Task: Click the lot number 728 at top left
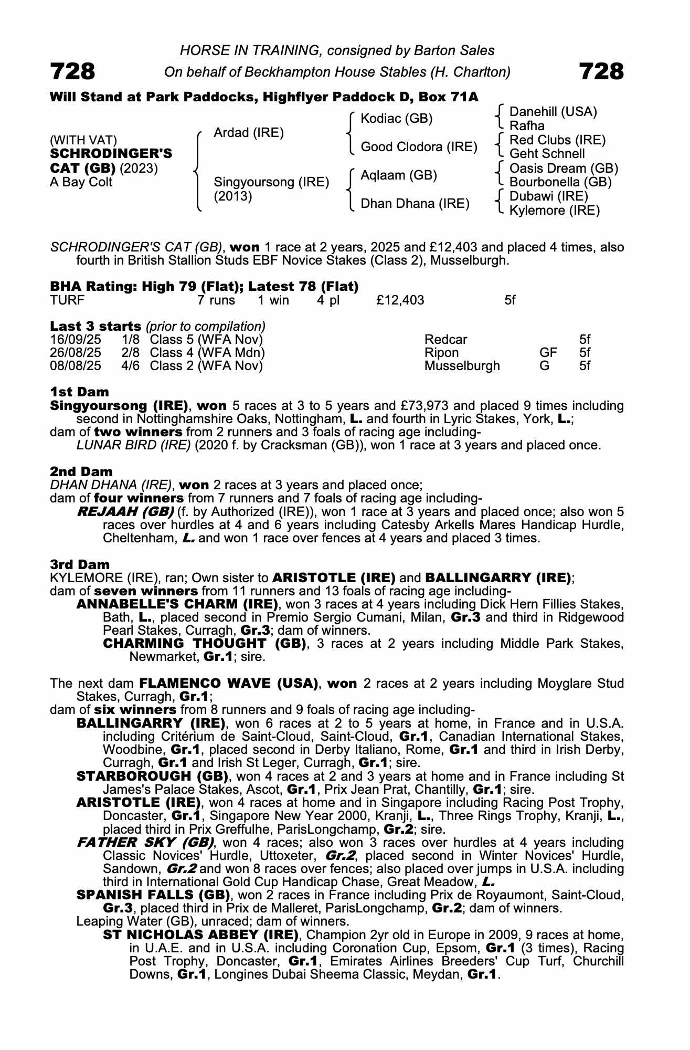pyautogui.click(x=73, y=71)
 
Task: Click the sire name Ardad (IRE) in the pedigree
pyautogui.click(x=248, y=133)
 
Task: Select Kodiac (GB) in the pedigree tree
pyautogui.click(x=396, y=119)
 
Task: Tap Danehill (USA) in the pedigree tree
pyautogui.click(x=553, y=111)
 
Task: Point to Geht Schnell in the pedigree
pyautogui.click(x=547, y=154)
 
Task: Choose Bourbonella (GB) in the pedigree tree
pyautogui.click(x=560, y=182)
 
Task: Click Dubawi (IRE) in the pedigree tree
pyautogui.click(x=549, y=196)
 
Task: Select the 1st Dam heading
pyautogui.click(x=79, y=392)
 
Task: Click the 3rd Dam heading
pyautogui.click(x=80, y=564)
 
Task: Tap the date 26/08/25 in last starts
pyautogui.click(x=76, y=352)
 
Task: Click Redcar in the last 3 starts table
pyautogui.click(x=445, y=339)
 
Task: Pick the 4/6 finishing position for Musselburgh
pyautogui.click(x=130, y=365)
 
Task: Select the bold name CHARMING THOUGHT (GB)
pyautogui.click(x=205, y=643)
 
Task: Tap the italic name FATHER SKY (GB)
pyautogui.click(x=145, y=843)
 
